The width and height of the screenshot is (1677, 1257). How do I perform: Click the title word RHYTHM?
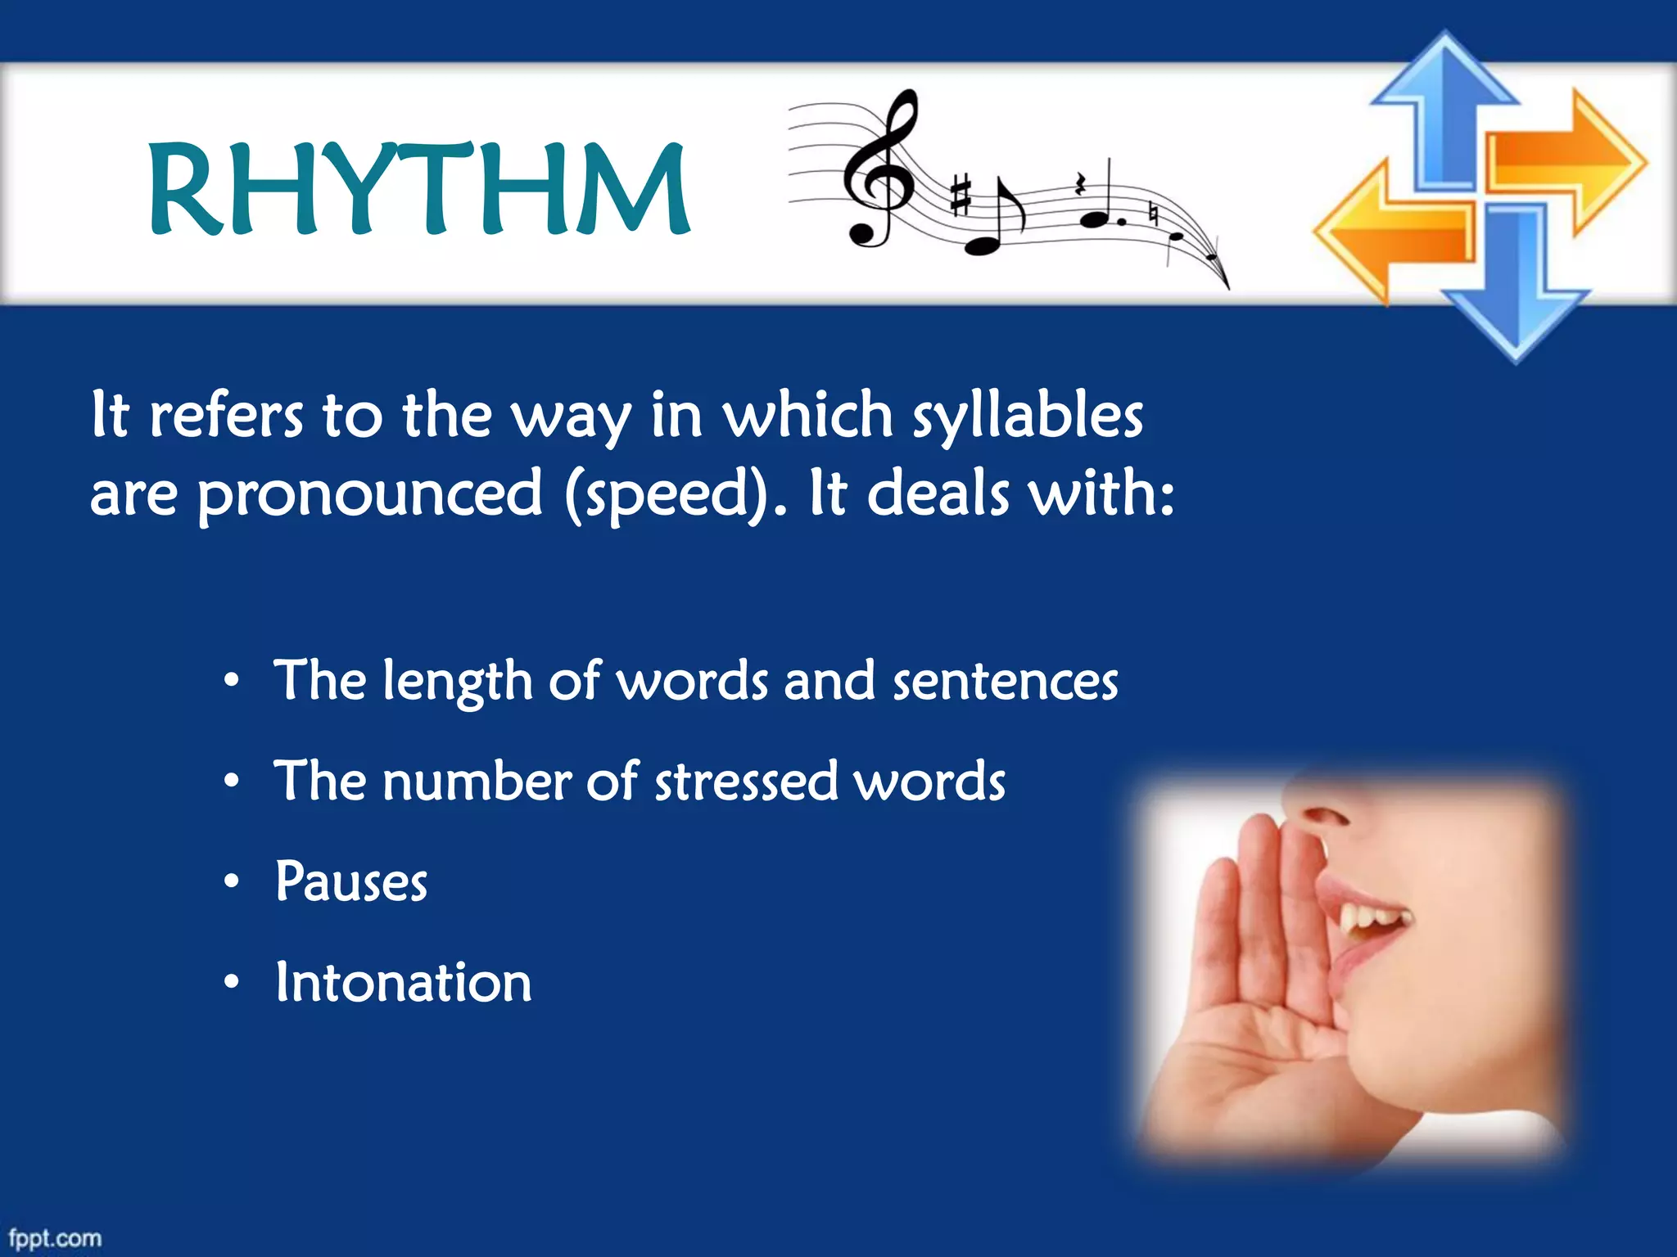(x=419, y=189)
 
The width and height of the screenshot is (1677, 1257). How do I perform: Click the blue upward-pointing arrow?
(x=1444, y=106)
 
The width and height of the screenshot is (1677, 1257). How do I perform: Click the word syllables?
(x=1028, y=417)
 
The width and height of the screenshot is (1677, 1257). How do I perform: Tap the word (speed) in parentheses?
(x=667, y=494)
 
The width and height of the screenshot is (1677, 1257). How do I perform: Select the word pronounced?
(x=369, y=494)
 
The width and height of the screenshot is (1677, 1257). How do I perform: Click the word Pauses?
(x=350, y=882)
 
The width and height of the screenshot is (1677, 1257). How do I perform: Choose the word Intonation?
(x=403, y=982)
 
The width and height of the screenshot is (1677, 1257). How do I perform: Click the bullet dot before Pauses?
(x=233, y=881)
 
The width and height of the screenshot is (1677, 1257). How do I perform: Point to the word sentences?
(x=1005, y=682)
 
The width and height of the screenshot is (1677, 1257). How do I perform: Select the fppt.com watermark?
(x=55, y=1238)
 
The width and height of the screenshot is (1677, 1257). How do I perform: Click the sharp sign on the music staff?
(x=961, y=196)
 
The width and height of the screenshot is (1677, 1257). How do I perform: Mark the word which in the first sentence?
(x=807, y=415)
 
